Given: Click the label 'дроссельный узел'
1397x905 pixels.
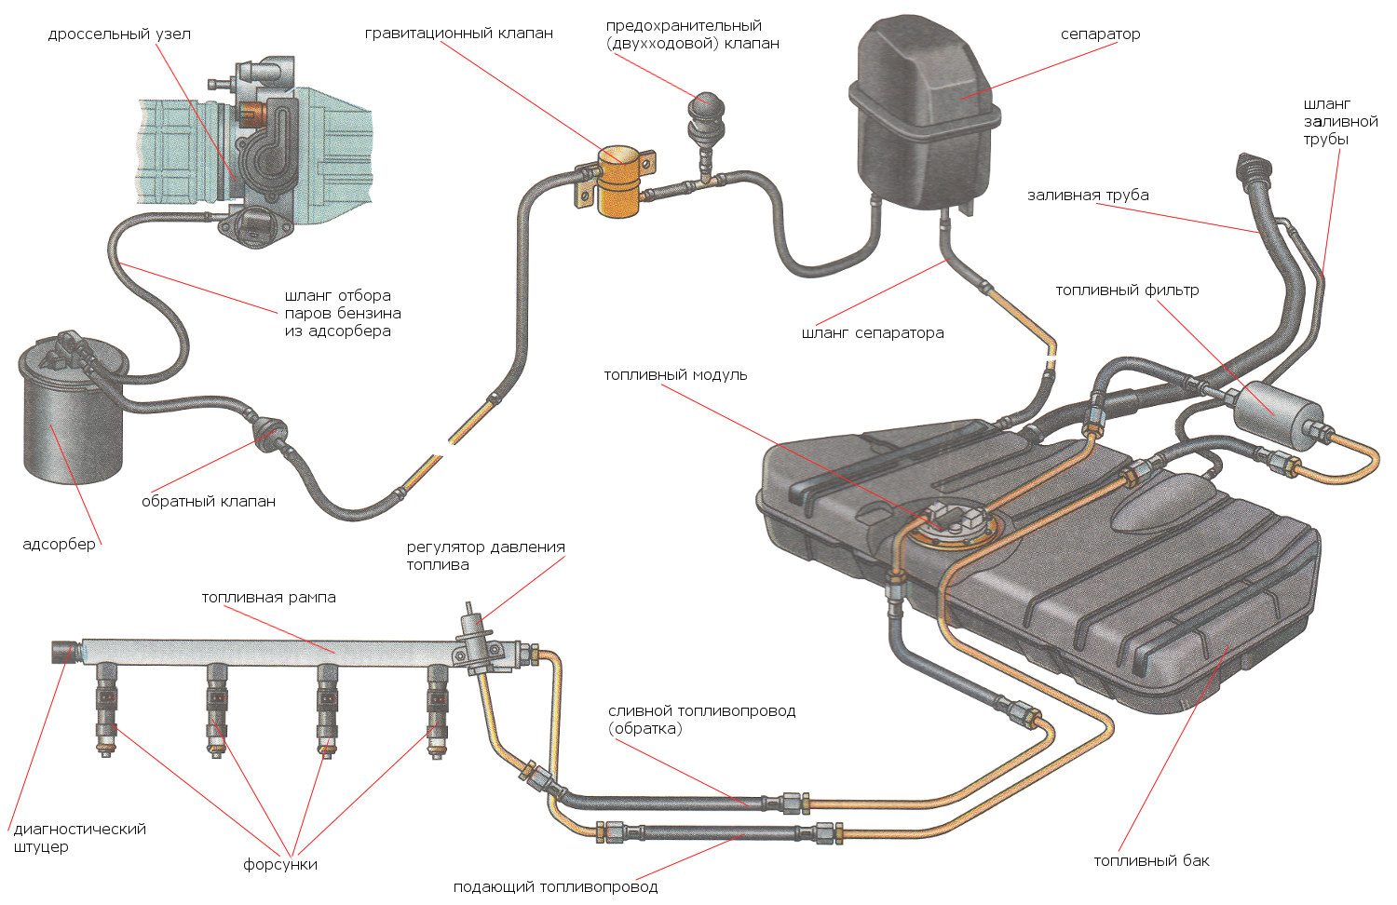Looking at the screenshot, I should tap(119, 34).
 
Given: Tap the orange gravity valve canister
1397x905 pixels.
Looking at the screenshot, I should tap(618, 181).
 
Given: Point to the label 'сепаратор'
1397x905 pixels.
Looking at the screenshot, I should tap(1100, 34).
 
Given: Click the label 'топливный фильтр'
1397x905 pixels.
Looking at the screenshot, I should tap(1127, 290).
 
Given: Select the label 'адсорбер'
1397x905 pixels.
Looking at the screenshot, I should tap(59, 544).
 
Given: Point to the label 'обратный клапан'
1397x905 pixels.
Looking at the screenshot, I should tap(209, 502).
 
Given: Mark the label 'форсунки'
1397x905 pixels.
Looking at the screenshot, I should tap(280, 865).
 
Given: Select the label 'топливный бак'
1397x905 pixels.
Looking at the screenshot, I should tap(1151, 861).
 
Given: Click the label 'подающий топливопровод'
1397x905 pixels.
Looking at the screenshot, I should tap(555, 887).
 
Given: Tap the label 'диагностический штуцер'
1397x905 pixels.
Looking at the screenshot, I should tap(79, 838).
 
